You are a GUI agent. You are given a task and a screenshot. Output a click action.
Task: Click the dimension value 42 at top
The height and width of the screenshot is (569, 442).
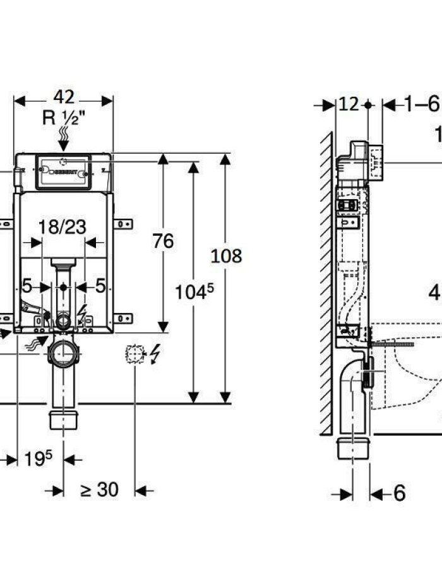(63, 97)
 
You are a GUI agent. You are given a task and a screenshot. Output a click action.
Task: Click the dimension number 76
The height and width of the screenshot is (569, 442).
(163, 241)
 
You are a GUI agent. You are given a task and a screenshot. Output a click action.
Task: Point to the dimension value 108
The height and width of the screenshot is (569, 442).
(226, 256)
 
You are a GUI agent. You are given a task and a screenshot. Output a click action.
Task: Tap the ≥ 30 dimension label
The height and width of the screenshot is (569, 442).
(99, 489)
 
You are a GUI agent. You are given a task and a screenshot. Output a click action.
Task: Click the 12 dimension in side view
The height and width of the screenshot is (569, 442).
(348, 104)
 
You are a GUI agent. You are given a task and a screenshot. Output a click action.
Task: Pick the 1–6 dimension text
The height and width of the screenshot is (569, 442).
(421, 104)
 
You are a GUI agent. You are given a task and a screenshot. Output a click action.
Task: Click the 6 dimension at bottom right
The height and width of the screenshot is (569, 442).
(398, 493)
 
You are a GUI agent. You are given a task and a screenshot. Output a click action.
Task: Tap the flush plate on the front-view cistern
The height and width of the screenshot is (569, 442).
(63, 171)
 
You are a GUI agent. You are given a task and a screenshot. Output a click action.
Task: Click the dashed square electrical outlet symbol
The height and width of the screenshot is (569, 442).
(133, 353)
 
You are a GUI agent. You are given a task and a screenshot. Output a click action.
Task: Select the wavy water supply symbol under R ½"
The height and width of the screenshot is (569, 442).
(63, 135)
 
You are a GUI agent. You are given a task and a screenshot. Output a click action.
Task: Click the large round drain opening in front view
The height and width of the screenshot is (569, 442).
(63, 356)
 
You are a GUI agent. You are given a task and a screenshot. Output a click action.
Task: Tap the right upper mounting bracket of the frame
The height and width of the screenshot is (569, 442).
(123, 223)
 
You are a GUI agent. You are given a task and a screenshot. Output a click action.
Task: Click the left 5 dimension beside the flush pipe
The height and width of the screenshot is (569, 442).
(27, 286)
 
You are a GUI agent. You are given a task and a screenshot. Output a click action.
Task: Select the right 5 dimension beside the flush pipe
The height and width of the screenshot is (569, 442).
(99, 286)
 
